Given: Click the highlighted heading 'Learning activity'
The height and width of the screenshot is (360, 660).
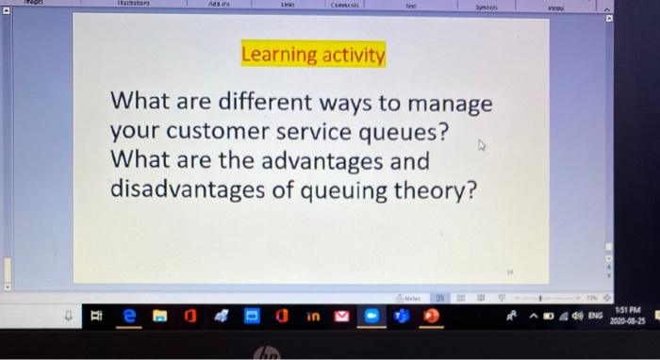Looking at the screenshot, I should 314,56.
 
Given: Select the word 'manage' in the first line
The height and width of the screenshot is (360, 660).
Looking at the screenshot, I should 451,103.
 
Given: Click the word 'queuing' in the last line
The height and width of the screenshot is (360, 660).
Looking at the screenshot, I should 356,191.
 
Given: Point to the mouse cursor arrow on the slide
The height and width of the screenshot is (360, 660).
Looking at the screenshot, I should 483,147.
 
